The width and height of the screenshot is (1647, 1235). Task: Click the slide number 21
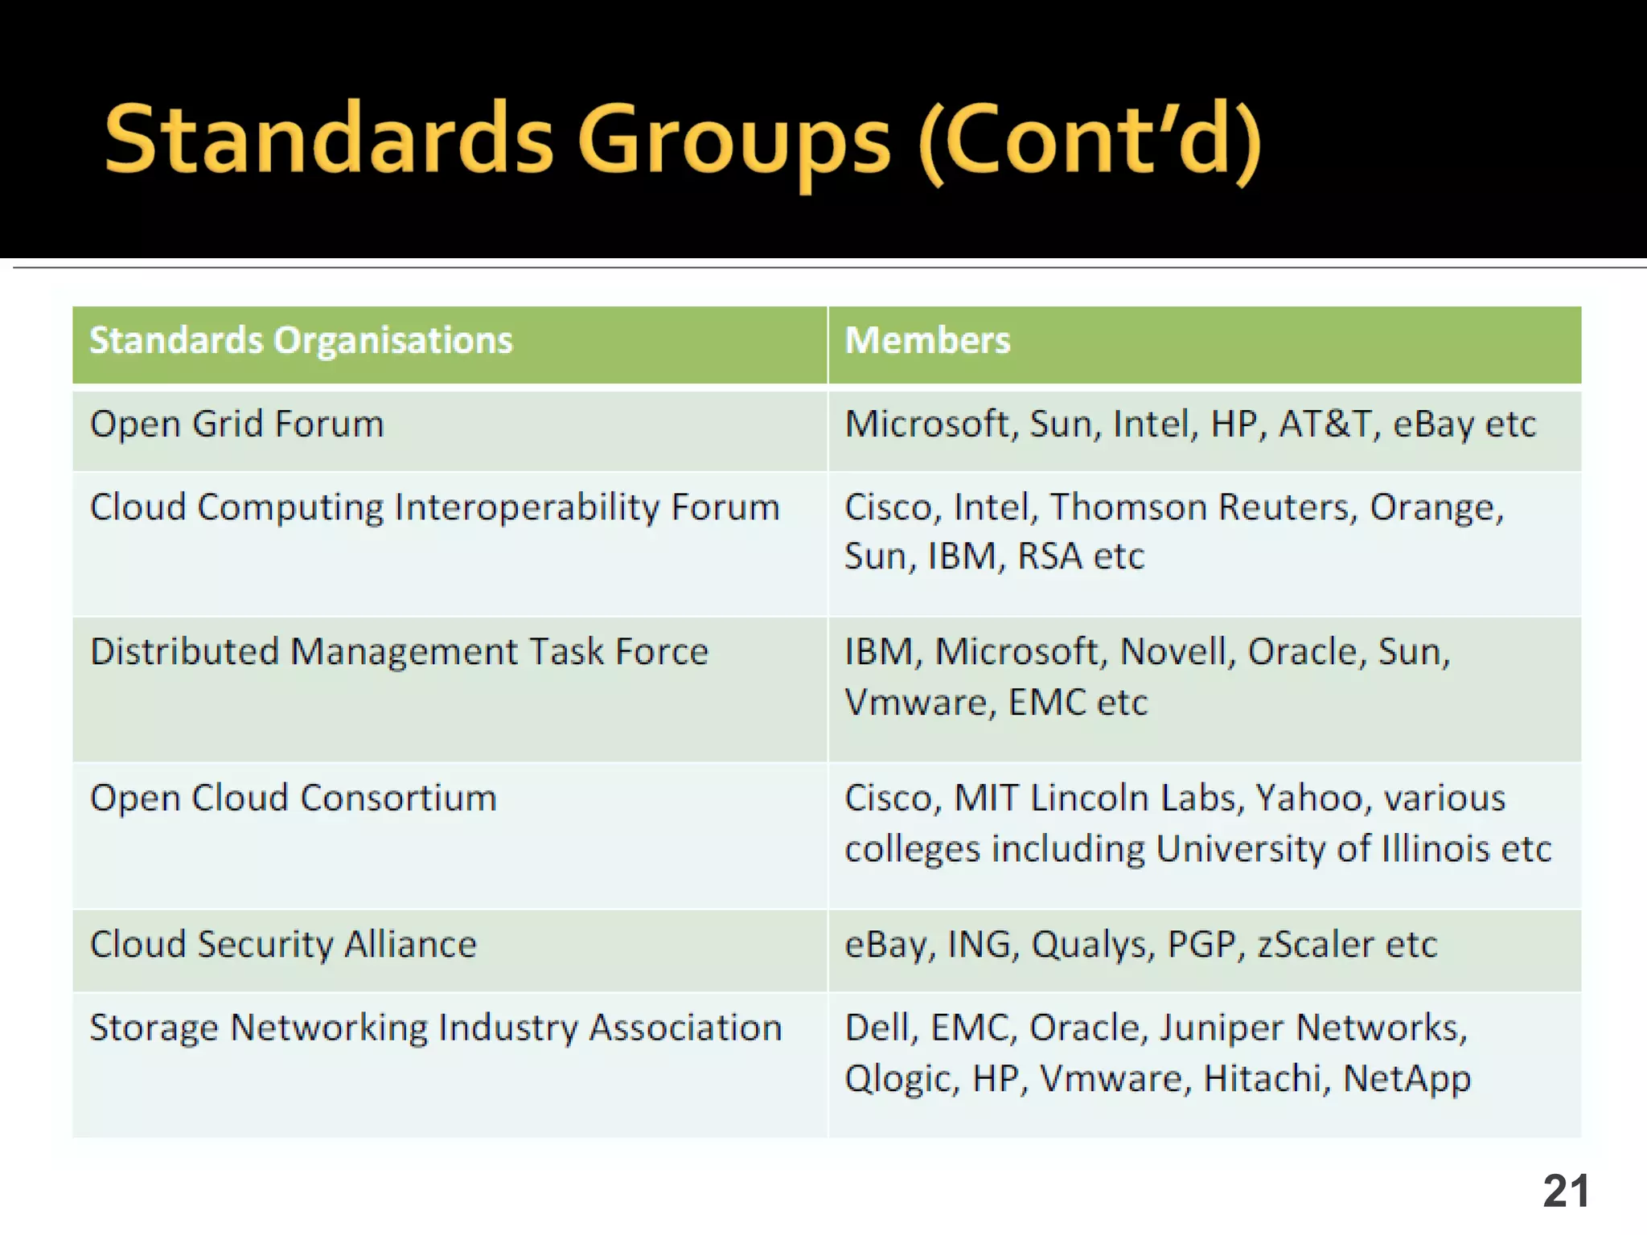[x=1565, y=1191]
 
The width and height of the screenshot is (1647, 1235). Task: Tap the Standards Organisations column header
[x=301, y=341]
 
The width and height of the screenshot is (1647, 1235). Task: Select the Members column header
[x=927, y=341]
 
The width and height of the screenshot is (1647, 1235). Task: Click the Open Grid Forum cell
[x=237, y=425]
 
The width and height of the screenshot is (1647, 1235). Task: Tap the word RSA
[x=1049, y=556]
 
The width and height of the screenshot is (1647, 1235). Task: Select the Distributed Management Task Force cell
[x=399, y=652]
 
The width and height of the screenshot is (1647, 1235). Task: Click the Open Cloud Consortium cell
[x=294, y=798]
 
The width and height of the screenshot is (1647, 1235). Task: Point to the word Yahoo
[x=1308, y=798]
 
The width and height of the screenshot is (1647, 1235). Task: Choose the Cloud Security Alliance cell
[x=283, y=945]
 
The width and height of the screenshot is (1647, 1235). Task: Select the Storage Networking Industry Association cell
[x=435, y=1028]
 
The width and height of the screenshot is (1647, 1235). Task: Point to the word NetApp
[x=1407, y=1079]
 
